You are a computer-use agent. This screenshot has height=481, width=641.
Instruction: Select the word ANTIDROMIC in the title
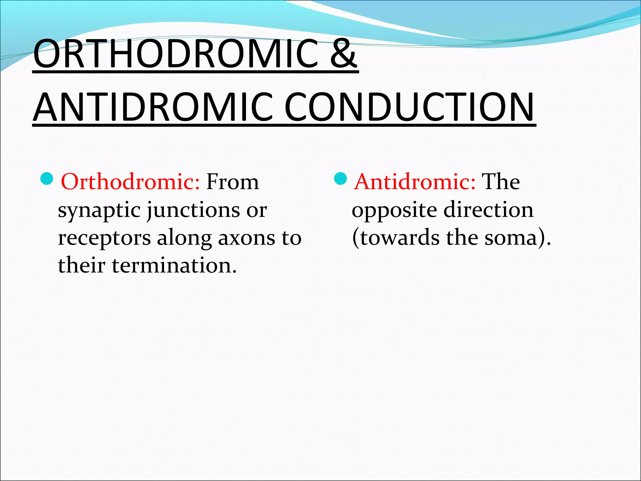pyautogui.click(x=153, y=107)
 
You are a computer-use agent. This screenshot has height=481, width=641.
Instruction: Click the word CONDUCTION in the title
pyautogui.click(x=409, y=107)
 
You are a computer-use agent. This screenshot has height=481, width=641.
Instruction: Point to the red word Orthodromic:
pyautogui.click(x=130, y=182)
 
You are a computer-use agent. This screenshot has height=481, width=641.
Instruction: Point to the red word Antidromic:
pyautogui.click(x=415, y=182)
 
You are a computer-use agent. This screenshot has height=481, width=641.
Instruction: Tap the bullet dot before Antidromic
pyautogui.click(x=341, y=179)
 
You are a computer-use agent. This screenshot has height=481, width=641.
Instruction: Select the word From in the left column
pyautogui.click(x=233, y=182)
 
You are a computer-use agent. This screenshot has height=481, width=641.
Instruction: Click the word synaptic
pyautogui.click(x=99, y=210)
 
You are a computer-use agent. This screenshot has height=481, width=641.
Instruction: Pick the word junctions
pyautogui.click(x=193, y=210)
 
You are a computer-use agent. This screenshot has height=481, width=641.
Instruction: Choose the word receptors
pyautogui.click(x=104, y=238)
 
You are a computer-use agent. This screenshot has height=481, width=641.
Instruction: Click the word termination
pyautogui.click(x=174, y=266)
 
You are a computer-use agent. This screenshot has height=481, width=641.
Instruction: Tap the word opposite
pyautogui.click(x=394, y=210)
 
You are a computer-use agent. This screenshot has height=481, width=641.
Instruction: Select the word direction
pyautogui.click(x=489, y=210)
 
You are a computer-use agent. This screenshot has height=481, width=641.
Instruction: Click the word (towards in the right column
pyautogui.click(x=396, y=238)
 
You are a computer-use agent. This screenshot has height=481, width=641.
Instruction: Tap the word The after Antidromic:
pyautogui.click(x=500, y=182)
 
